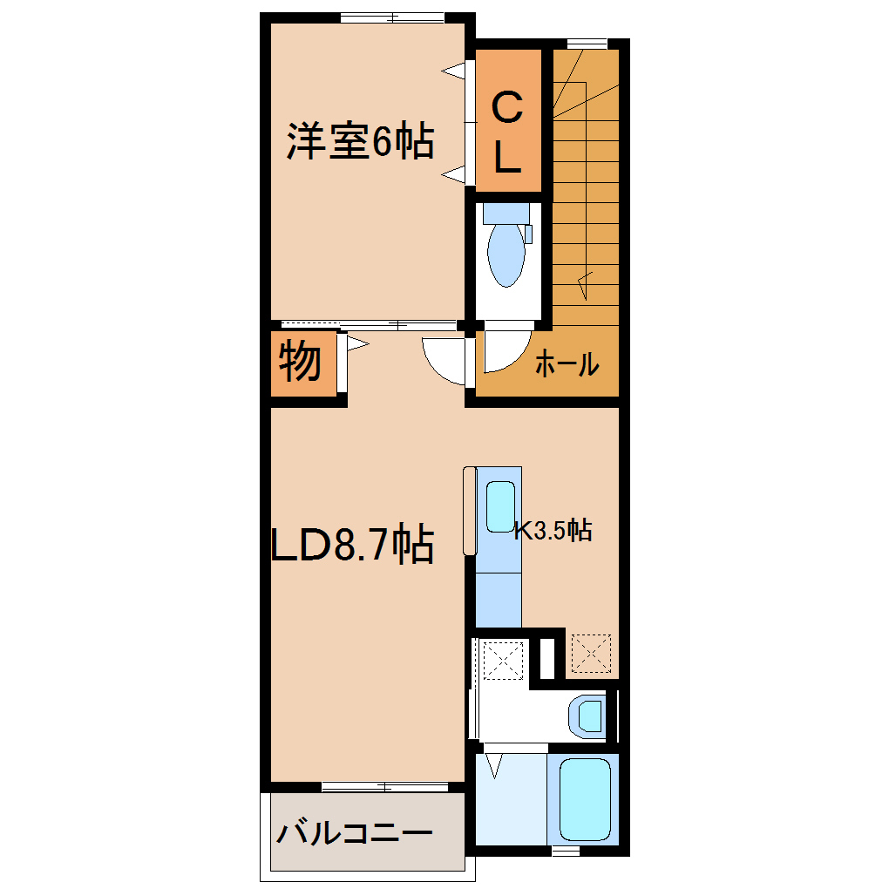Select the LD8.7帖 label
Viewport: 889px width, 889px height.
[x=353, y=543]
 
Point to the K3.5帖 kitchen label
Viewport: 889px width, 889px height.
[x=553, y=531]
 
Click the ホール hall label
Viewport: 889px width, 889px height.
[x=567, y=363]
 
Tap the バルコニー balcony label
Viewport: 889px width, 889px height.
[x=355, y=833]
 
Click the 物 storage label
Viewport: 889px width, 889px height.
[x=300, y=361]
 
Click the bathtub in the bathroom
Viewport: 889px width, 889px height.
[x=585, y=799]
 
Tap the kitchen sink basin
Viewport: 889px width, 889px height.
[x=500, y=507]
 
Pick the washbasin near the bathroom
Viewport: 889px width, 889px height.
[x=587, y=716]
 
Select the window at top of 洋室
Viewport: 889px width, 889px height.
[x=392, y=17]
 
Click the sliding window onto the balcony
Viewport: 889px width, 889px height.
[x=385, y=786]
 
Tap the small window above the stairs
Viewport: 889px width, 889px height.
[x=587, y=44]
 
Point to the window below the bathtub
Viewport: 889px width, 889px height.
[x=566, y=851]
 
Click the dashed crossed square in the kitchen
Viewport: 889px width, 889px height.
[x=591, y=653]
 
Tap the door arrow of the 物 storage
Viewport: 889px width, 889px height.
[x=357, y=343]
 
